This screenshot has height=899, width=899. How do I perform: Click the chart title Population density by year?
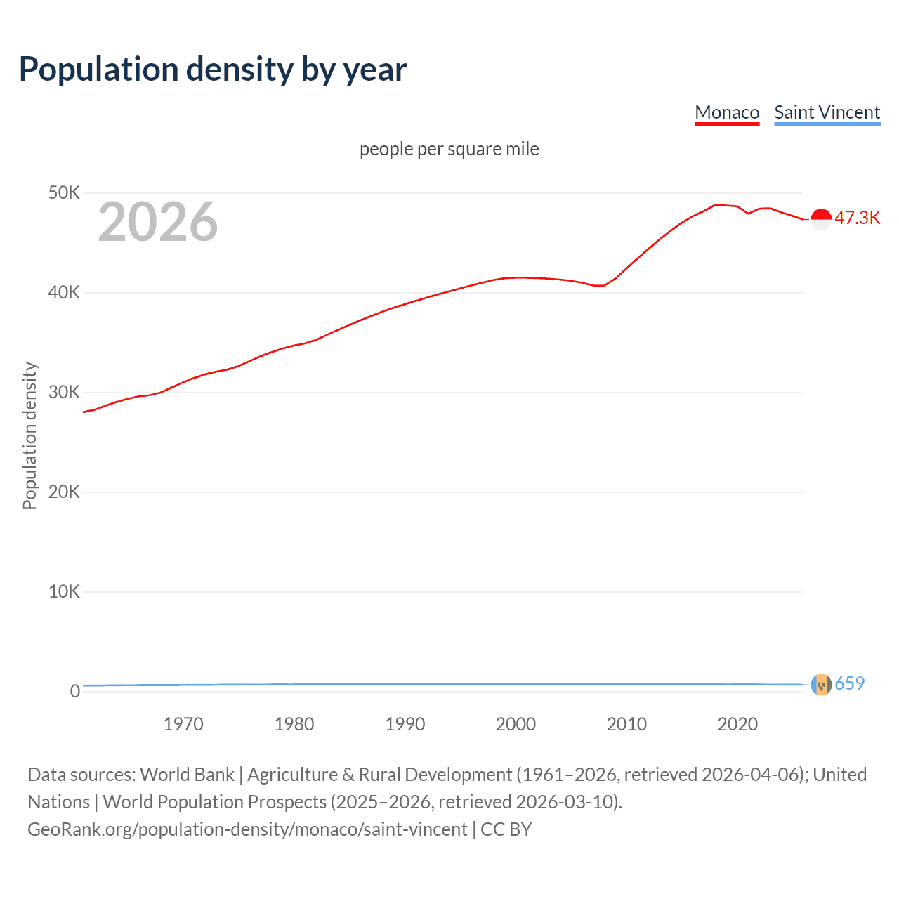213,70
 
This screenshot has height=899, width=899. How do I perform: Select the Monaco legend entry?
727,112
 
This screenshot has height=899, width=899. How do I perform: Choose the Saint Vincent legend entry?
827,112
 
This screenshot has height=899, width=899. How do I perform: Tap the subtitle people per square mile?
449,149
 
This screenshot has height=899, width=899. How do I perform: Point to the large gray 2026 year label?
158,222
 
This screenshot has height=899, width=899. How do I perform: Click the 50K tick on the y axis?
64,192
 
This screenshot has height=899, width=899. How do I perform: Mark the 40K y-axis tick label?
64,292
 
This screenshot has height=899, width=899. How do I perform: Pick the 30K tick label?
64,392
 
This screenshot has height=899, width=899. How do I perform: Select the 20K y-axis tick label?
64,492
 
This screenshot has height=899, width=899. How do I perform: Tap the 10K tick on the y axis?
64,591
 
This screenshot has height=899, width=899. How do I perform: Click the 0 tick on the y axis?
74,691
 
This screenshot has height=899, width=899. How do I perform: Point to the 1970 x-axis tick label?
183,724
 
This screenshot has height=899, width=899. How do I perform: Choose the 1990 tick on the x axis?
405,724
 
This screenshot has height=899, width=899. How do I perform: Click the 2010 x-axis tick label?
626,724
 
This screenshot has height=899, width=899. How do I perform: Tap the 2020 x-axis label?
737,724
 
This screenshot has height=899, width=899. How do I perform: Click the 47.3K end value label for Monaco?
857,218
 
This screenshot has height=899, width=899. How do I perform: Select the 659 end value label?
849,683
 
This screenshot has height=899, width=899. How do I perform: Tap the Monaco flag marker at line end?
821,219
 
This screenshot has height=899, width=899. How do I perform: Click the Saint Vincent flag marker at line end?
821,684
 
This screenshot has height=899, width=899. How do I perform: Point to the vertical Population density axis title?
29,435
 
